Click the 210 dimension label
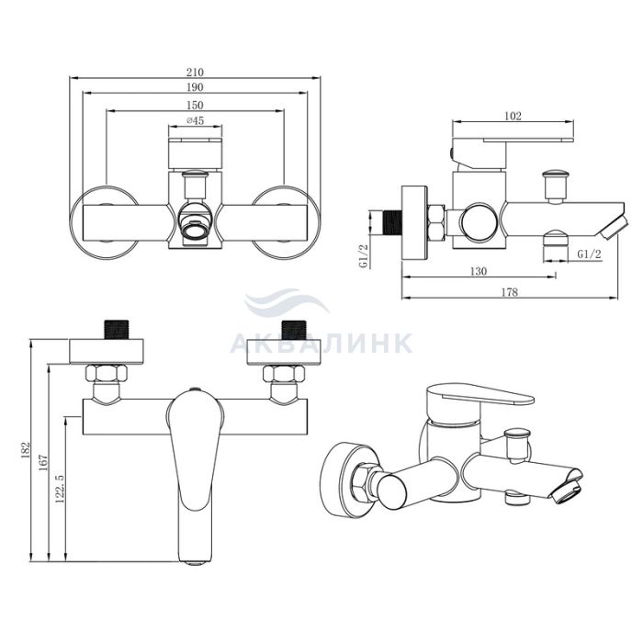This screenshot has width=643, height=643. coord(195,73)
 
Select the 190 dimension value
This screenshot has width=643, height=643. coord(195,87)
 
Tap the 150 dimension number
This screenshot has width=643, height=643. coord(195,106)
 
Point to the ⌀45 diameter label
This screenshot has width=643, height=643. coord(195,120)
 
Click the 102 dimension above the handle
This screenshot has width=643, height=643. coord(513,116)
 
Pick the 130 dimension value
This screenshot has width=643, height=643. coord(479,271)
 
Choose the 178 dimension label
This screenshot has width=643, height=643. coord(510,292)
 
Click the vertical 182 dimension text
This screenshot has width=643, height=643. coord(26,450)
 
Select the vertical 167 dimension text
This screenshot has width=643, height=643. coord(43,463)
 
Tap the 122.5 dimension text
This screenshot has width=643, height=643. coord(61,489)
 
